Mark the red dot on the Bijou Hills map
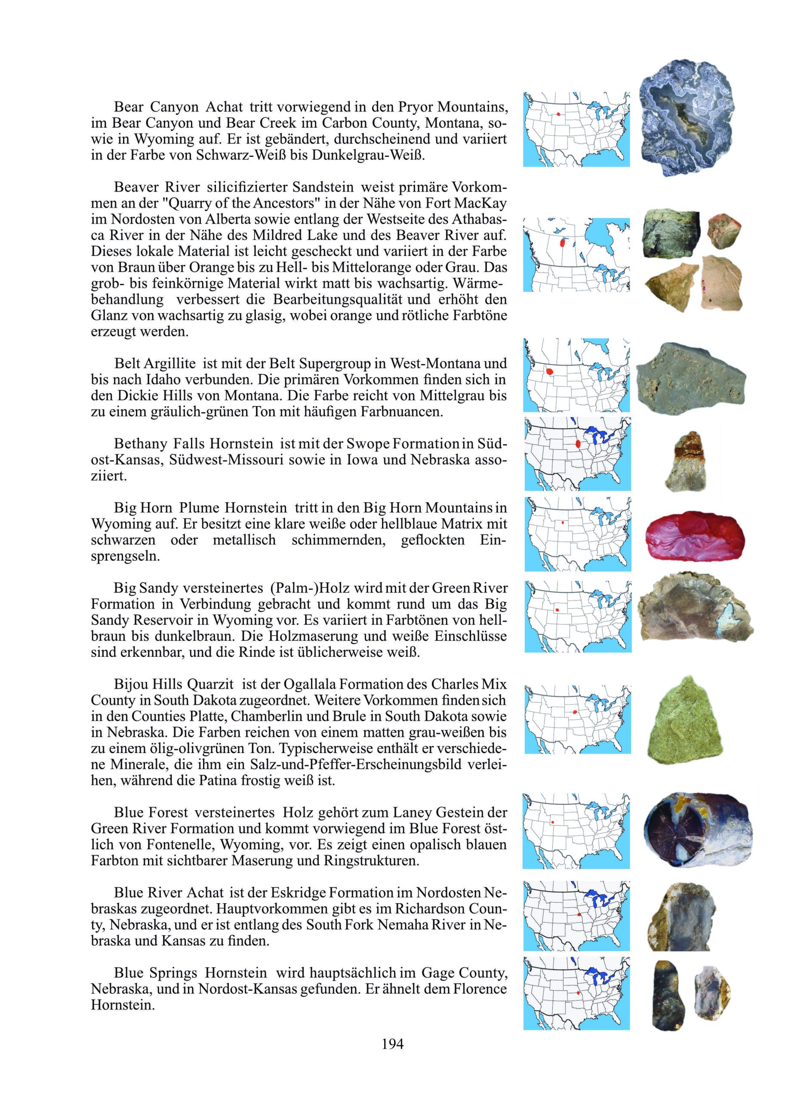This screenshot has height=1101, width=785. (574, 712)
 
